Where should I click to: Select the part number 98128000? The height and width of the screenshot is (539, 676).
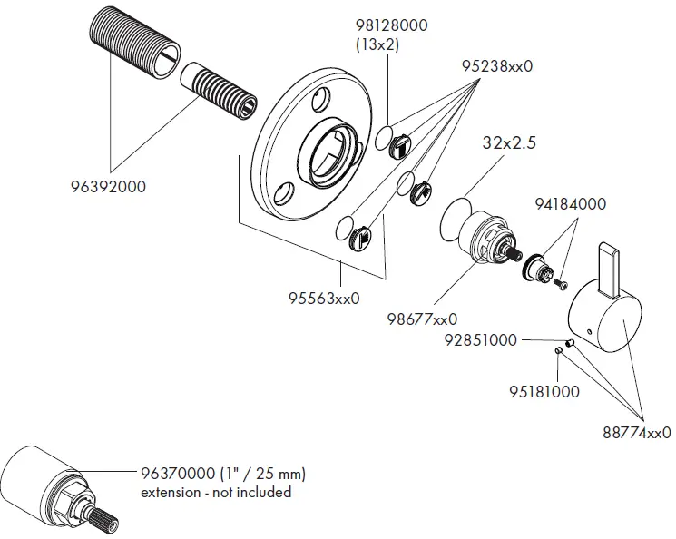point(391,26)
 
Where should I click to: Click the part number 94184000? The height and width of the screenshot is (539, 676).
point(570,205)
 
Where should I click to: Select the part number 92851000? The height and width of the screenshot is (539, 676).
point(480,341)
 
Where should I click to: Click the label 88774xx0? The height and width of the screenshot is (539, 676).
point(636,435)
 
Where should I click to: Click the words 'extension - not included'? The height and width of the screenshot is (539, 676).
point(216,492)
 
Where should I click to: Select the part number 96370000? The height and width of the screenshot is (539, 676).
point(178,475)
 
